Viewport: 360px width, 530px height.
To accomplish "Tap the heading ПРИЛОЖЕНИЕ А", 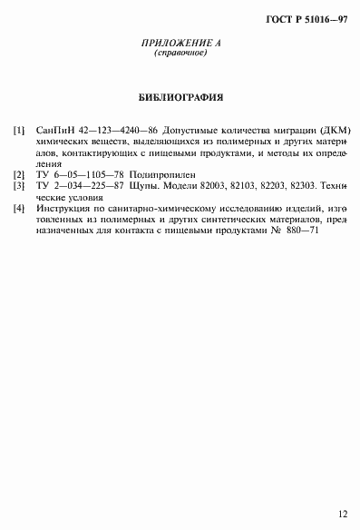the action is (x=180, y=44).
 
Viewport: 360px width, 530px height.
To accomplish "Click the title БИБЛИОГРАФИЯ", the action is (x=180, y=96).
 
